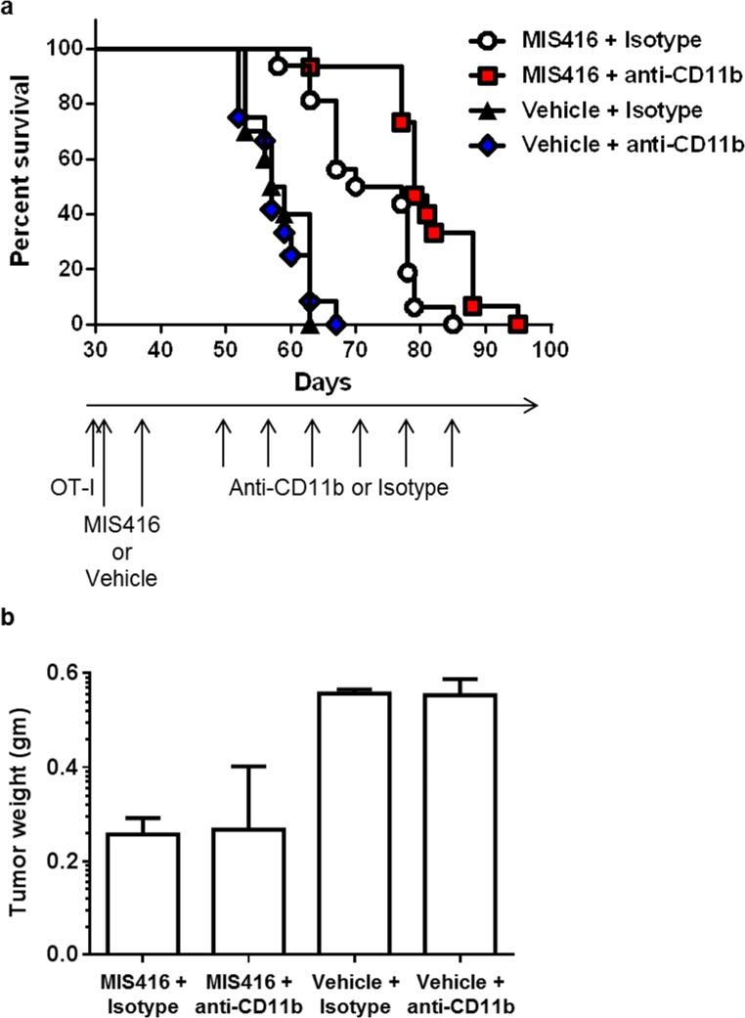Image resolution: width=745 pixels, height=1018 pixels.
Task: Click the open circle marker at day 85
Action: (x=452, y=324)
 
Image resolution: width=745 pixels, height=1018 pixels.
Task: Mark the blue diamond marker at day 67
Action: (x=336, y=324)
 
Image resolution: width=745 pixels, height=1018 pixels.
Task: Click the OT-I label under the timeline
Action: (x=66, y=486)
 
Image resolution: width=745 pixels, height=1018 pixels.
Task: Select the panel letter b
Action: (x=8, y=619)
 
